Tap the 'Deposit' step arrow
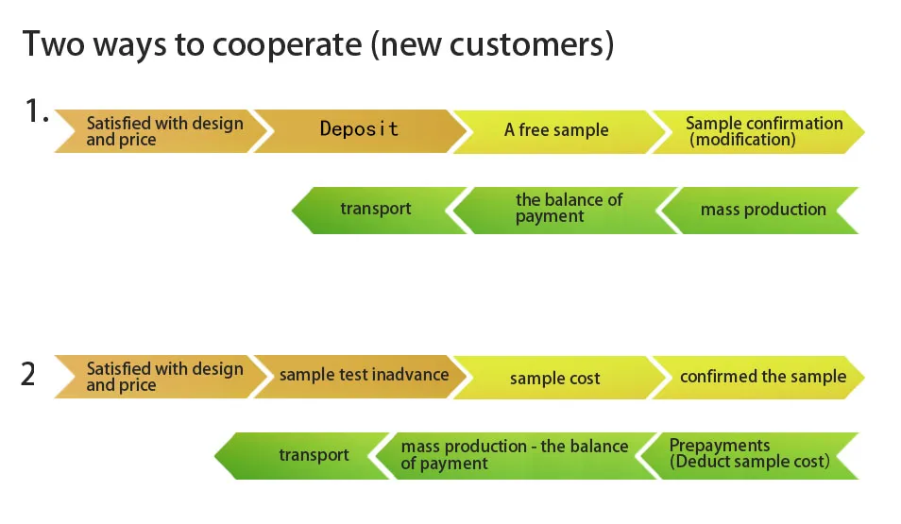point(359,129)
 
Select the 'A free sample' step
point(556,130)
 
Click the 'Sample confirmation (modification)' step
point(763,131)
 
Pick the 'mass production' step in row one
point(763,210)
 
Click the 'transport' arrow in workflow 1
point(376,209)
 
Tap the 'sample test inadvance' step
point(364,375)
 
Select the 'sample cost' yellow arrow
point(555,378)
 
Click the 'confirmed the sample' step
point(763,376)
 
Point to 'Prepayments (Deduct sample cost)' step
point(749,454)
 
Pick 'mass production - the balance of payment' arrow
point(515,454)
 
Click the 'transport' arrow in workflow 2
point(314,455)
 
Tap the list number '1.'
point(36,112)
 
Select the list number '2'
point(28,375)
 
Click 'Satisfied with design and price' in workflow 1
point(164,131)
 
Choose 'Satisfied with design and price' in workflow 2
point(164,377)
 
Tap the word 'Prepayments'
point(720,446)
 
